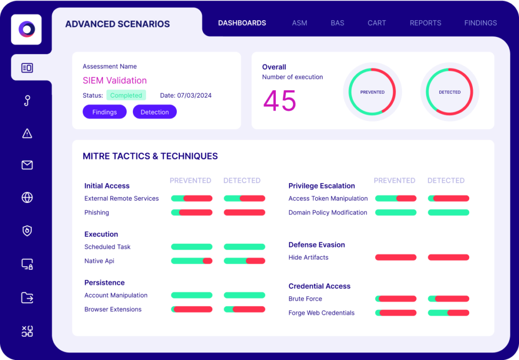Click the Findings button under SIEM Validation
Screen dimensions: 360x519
(x=104, y=112)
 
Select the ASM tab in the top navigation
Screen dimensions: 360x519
(x=300, y=23)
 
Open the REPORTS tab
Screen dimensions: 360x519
(x=425, y=23)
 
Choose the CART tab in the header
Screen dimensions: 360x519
(x=377, y=23)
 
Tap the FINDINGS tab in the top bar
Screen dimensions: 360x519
(x=480, y=23)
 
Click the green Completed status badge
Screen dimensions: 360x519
(x=126, y=95)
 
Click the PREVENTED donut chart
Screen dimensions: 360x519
(x=373, y=92)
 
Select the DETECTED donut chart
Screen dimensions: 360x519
(x=450, y=92)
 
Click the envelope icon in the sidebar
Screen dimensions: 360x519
(x=27, y=165)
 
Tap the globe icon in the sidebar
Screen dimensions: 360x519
(x=27, y=198)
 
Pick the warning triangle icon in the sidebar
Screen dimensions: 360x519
(x=27, y=133)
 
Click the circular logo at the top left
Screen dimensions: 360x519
(x=26, y=29)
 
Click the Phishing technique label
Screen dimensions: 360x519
(x=97, y=212)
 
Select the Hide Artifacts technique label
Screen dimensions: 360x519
(x=308, y=258)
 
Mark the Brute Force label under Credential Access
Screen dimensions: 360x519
(x=305, y=299)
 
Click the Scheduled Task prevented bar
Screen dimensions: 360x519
(x=192, y=247)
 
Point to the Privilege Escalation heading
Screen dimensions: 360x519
(x=321, y=186)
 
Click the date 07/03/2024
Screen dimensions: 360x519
(x=194, y=95)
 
